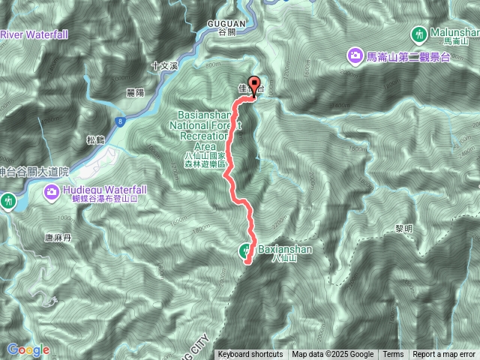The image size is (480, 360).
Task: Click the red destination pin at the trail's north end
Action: pos(253,85)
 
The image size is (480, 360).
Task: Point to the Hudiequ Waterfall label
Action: pos(104,190)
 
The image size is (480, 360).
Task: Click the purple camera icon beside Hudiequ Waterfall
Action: pos(52,192)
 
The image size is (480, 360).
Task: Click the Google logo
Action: pos(28,349)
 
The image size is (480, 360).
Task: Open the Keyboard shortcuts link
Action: pos(250,355)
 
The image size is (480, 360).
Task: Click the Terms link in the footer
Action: pos(393,355)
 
